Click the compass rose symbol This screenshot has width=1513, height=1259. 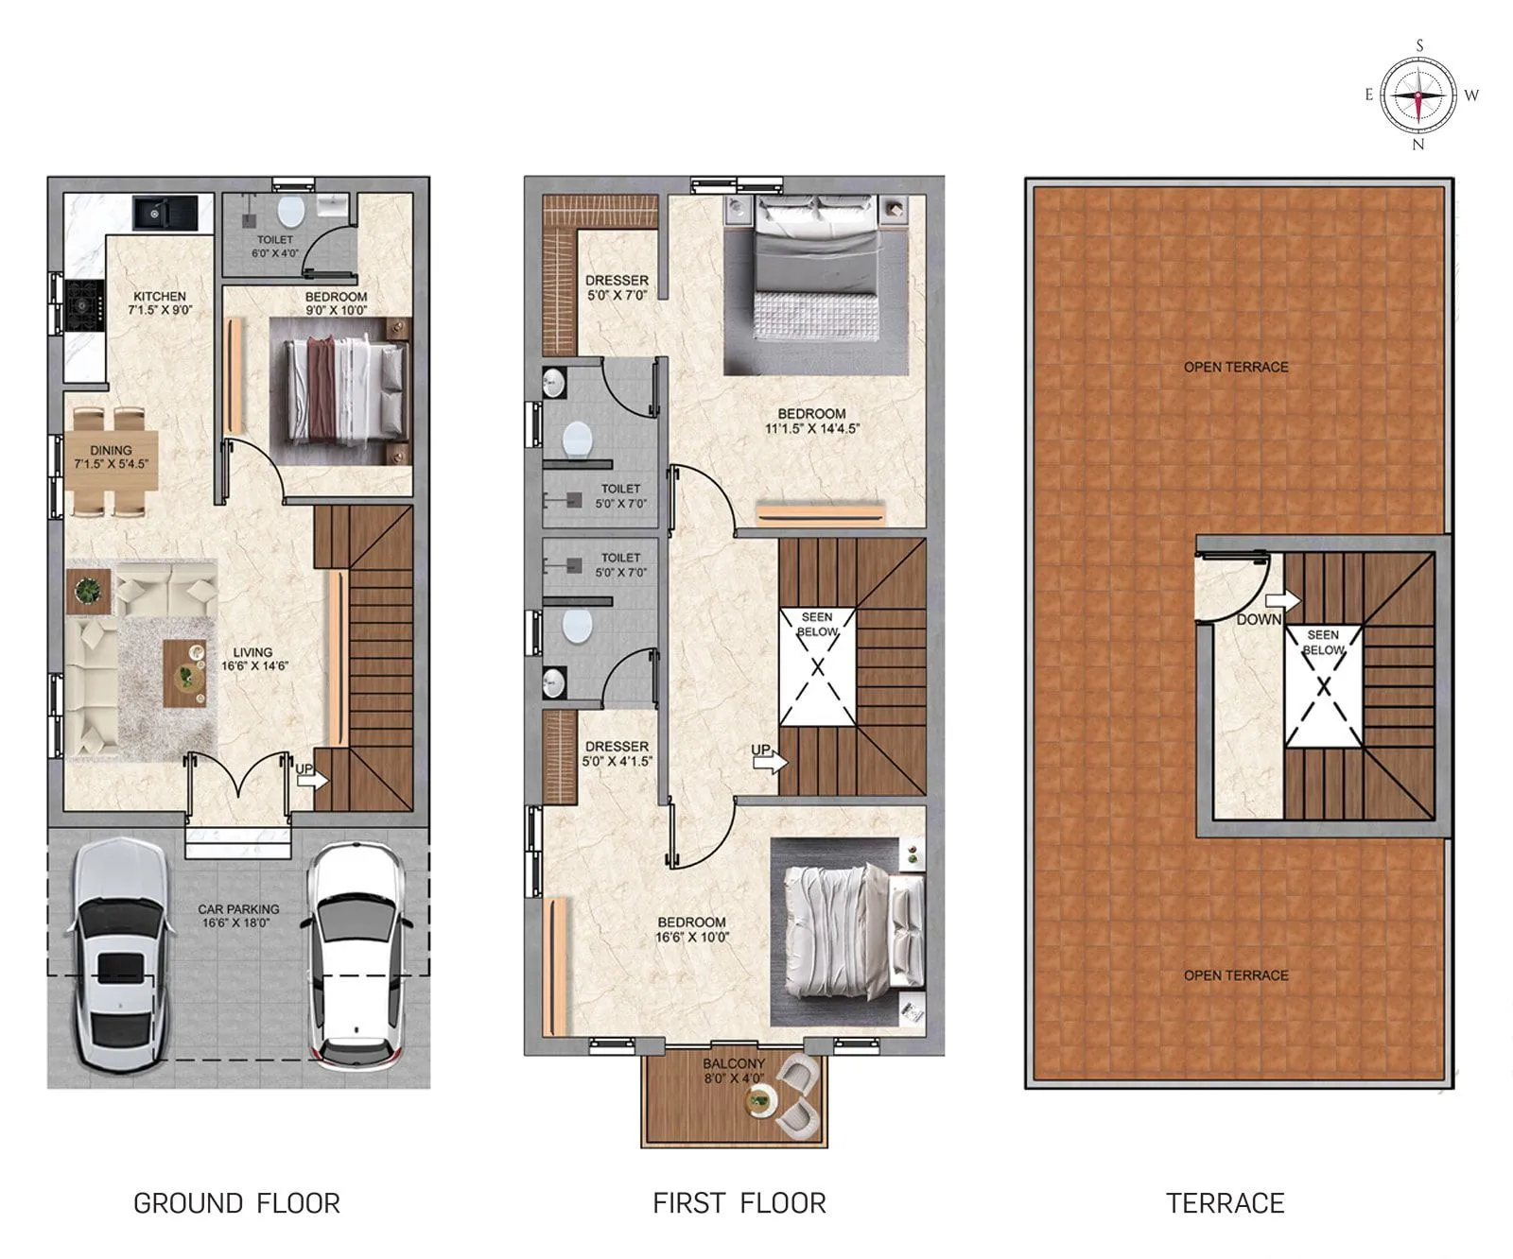pyautogui.click(x=1417, y=95)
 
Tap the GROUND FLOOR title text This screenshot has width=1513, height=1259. pyautogui.click(x=236, y=1203)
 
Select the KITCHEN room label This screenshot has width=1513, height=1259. pyautogui.click(x=159, y=296)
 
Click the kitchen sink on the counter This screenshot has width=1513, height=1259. pyautogui.click(x=151, y=212)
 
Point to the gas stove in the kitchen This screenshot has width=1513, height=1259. pyautogui.click(x=83, y=304)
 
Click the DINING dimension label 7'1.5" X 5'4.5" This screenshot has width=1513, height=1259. pyautogui.click(x=112, y=464)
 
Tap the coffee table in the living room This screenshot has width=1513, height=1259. pyautogui.click(x=184, y=673)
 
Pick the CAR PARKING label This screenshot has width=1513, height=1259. pyautogui.click(x=238, y=908)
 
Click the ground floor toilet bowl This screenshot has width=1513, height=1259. pyautogui.click(x=292, y=209)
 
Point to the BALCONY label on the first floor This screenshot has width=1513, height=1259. pyautogui.click(x=733, y=1063)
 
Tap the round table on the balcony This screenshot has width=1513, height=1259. pyautogui.click(x=759, y=1099)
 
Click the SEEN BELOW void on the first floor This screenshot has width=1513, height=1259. pyautogui.click(x=817, y=667)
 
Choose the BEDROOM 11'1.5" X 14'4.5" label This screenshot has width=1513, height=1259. pyautogui.click(x=811, y=421)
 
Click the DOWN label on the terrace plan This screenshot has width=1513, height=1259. pyautogui.click(x=1259, y=619)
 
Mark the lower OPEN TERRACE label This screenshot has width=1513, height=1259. pyautogui.click(x=1236, y=974)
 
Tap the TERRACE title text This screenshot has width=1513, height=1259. pyautogui.click(x=1225, y=1203)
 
